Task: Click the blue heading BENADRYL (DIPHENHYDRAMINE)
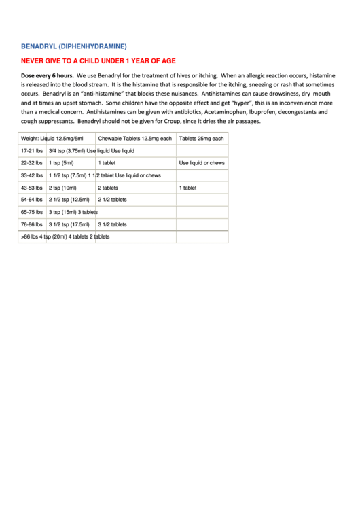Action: [x=74, y=47]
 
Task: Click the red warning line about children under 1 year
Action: [x=98, y=60]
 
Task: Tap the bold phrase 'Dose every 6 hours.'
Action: [x=48, y=75]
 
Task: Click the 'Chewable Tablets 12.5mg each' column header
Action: [x=134, y=139]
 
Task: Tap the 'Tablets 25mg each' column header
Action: [x=201, y=139]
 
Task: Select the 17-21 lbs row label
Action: [x=32, y=151]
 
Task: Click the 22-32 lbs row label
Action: [x=32, y=163]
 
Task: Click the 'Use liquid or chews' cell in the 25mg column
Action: [x=202, y=163]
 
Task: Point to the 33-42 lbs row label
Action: [x=32, y=175]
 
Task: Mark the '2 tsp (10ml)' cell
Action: [x=62, y=188]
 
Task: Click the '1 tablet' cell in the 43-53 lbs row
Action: [x=188, y=188]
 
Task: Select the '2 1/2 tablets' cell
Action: [x=112, y=200]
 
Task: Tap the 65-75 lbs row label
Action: [x=32, y=212]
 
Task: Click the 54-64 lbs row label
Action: [x=32, y=200]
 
